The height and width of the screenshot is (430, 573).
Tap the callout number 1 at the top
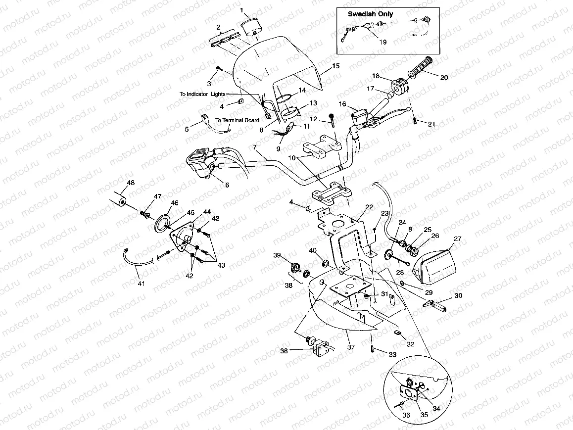point(242,10)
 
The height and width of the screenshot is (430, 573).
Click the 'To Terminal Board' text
point(237,120)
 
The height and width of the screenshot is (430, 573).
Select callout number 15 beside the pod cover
point(335,66)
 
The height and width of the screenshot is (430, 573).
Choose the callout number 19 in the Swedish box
point(382,42)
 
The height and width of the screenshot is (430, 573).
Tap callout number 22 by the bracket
point(369,207)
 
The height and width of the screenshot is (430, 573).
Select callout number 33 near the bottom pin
point(392,355)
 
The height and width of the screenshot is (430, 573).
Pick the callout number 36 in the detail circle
point(406,415)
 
